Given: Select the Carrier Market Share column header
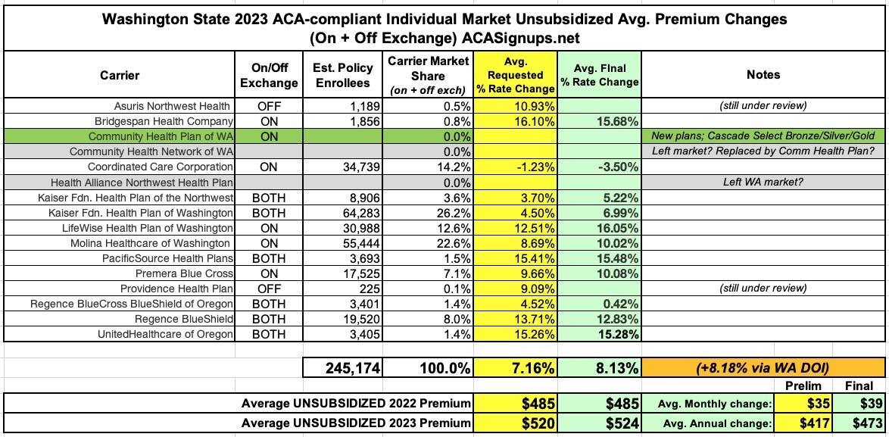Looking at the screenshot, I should pyautogui.click(x=429, y=75).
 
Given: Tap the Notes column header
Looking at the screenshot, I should pyautogui.click(x=763, y=75).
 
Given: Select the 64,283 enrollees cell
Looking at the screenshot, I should pyautogui.click(x=357, y=213).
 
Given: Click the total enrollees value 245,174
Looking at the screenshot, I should pyautogui.click(x=343, y=368).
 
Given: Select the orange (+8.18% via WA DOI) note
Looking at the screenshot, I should pyautogui.click(x=762, y=368).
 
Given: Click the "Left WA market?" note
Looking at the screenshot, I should pyautogui.click(x=762, y=183).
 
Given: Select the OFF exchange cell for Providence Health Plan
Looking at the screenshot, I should pyautogui.click(x=269, y=289).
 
